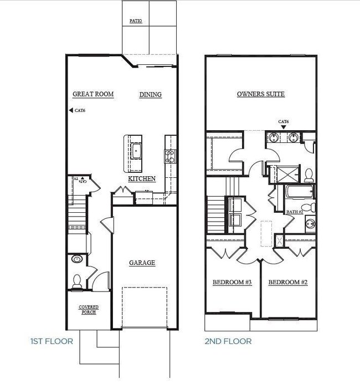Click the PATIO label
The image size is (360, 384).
point(136,21)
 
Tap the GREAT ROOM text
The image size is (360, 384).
point(93,94)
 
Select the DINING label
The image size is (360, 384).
point(150,95)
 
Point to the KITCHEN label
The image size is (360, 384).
point(142,179)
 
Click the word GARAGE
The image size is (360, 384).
point(142,263)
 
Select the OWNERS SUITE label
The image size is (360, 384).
point(260,94)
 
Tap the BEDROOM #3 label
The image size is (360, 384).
point(232,283)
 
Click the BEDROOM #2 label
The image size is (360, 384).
point(287,283)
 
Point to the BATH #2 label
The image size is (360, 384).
point(294,212)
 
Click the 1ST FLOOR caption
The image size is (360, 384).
point(52,341)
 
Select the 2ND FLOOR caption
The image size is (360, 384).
point(228,341)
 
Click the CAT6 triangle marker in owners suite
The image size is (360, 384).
point(283,127)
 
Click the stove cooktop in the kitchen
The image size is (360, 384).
point(169,156)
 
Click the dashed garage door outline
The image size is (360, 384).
point(144,308)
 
